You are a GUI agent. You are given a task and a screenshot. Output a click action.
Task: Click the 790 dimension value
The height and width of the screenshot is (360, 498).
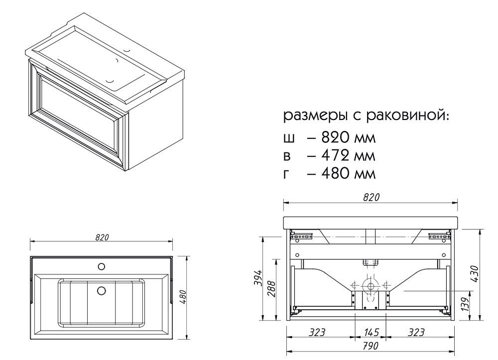pyautogui.click(x=371, y=346)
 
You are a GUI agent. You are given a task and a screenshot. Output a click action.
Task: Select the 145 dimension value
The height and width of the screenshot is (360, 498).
pyautogui.click(x=372, y=333)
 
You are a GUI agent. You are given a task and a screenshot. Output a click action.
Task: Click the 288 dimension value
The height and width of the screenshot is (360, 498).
pyautogui.click(x=271, y=288)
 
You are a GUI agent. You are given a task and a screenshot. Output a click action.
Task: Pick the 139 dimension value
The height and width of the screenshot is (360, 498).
pyautogui.click(x=465, y=304)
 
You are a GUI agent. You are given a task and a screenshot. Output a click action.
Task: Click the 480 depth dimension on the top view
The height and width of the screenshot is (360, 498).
pyautogui.click(x=183, y=297)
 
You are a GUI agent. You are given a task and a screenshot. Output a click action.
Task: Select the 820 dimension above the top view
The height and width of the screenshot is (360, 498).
pyautogui.click(x=102, y=237)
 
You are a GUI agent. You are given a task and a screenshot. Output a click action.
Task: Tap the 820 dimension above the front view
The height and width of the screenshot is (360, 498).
pyautogui.click(x=371, y=197)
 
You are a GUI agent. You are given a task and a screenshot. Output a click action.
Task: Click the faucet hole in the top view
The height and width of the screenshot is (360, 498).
pyautogui.click(x=101, y=266)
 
